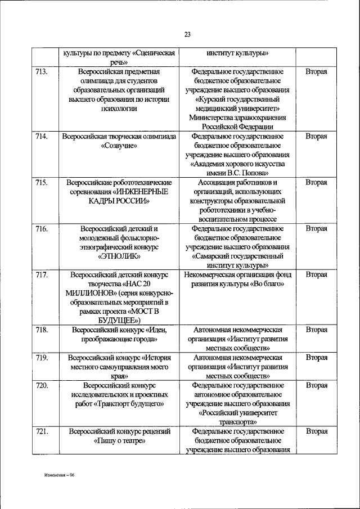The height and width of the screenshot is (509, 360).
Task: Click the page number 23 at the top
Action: (x=187, y=34)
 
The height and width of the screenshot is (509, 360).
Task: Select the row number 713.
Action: (x=42, y=72)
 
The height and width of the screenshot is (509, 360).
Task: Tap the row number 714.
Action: (x=42, y=136)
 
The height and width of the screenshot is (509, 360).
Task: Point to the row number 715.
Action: (x=42, y=182)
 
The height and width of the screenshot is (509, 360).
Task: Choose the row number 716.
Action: (x=42, y=228)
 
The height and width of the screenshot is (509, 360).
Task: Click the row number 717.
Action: (x=42, y=274)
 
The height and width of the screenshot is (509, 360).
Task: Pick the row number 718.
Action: (x=42, y=330)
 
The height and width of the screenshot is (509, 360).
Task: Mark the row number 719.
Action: (x=42, y=357)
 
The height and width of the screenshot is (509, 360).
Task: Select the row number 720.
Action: (x=42, y=385)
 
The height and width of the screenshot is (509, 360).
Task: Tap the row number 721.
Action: (x=42, y=431)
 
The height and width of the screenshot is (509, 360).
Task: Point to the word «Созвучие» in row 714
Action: (x=119, y=145)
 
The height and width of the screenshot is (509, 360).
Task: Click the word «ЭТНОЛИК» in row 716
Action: (x=119, y=256)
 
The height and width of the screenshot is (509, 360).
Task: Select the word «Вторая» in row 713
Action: (x=316, y=72)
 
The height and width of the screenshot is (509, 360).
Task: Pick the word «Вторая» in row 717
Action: (x=316, y=274)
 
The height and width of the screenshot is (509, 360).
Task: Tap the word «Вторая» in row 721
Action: (x=316, y=431)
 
